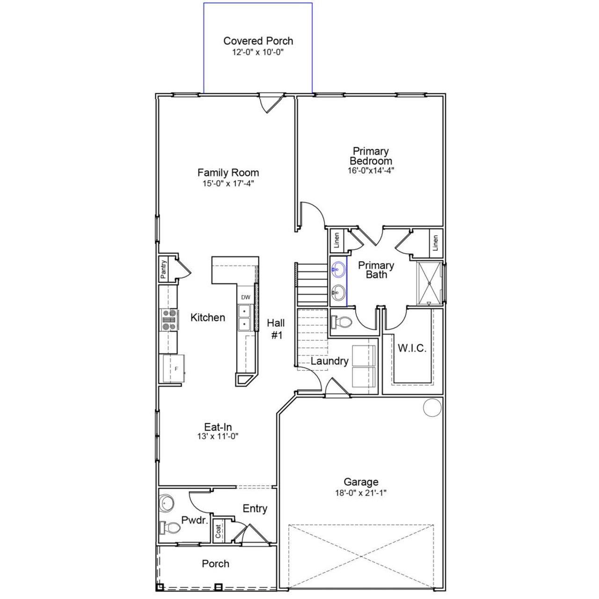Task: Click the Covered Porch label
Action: pyautogui.click(x=258, y=41)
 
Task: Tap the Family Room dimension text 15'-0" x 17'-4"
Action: pyautogui.click(x=228, y=184)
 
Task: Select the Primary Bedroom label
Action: pyautogui.click(x=371, y=156)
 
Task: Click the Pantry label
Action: pyautogui.click(x=163, y=270)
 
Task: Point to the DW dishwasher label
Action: pyautogui.click(x=246, y=297)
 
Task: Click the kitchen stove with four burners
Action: pyautogui.click(x=169, y=320)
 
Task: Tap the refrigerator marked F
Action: pyautogui.click(x=173, y=369)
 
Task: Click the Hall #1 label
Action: pyautogui.click(x=276, y=329)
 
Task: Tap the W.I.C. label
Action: pyautogui.click(x=412, y=348)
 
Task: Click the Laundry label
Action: pyautogui.click(x=329, y=361)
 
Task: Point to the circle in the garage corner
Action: pyautogui.click(x=432, y=407)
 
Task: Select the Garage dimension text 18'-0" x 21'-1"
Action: pyautogui.click(x=361, y=493)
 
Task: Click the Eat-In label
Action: pyautogui.click(x=218, y=427)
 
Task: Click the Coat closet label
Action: pyautogui.click(x=219, y=530)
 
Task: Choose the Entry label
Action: pyautogui.click(x=255, y=508)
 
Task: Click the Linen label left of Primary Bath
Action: pyautogui.click(x=336, y=241)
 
